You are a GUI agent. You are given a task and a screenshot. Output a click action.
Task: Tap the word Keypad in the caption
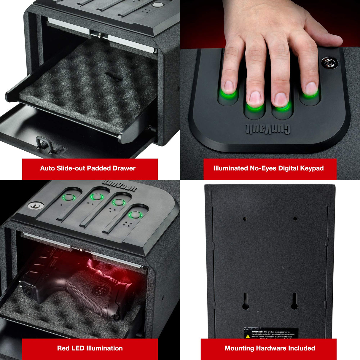(312, 168)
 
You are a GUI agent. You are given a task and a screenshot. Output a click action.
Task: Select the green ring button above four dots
(135, 215)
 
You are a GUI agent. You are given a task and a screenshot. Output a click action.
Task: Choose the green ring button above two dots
(96, 197)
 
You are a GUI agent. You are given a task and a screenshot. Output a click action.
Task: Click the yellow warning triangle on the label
(248, 336)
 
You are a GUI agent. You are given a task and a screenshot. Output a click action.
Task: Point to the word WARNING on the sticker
(257, 332)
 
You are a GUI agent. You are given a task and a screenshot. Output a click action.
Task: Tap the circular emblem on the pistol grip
(98, 290)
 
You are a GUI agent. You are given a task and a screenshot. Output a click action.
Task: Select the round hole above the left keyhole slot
(245, 219)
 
